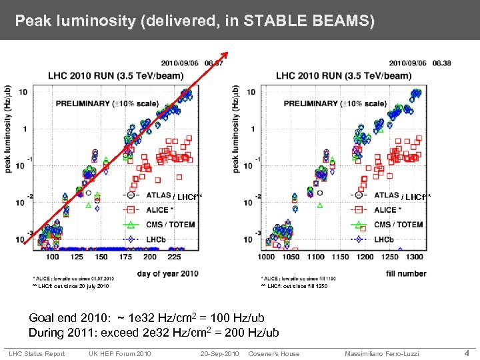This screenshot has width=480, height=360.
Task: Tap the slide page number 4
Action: click(x=467, y=353)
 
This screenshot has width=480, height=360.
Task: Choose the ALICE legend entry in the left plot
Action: click(x=159, y=210)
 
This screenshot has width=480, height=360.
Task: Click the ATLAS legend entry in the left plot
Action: click(x=157, y=195)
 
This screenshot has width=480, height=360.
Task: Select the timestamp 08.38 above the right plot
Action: click(x=441, y=63)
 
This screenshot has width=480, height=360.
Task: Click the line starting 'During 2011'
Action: click(x=153, y=332)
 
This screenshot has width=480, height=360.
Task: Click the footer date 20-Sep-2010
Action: click(x=221, y=353)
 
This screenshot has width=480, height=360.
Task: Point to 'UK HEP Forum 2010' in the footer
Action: click(x=120, y=353)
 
